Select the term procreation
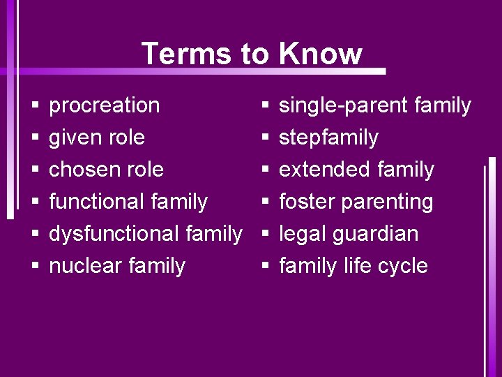(104, 106)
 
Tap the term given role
(96, 138)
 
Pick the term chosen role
(106, 170)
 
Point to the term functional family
(128, 202)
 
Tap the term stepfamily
(328, 138)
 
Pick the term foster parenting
(356, 202)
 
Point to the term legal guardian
(349, 234)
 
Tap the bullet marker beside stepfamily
(265, 138)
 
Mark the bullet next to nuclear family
(34, 267)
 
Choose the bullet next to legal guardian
(265, 235)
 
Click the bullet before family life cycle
(265, 267)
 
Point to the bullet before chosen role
(34, 170)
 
